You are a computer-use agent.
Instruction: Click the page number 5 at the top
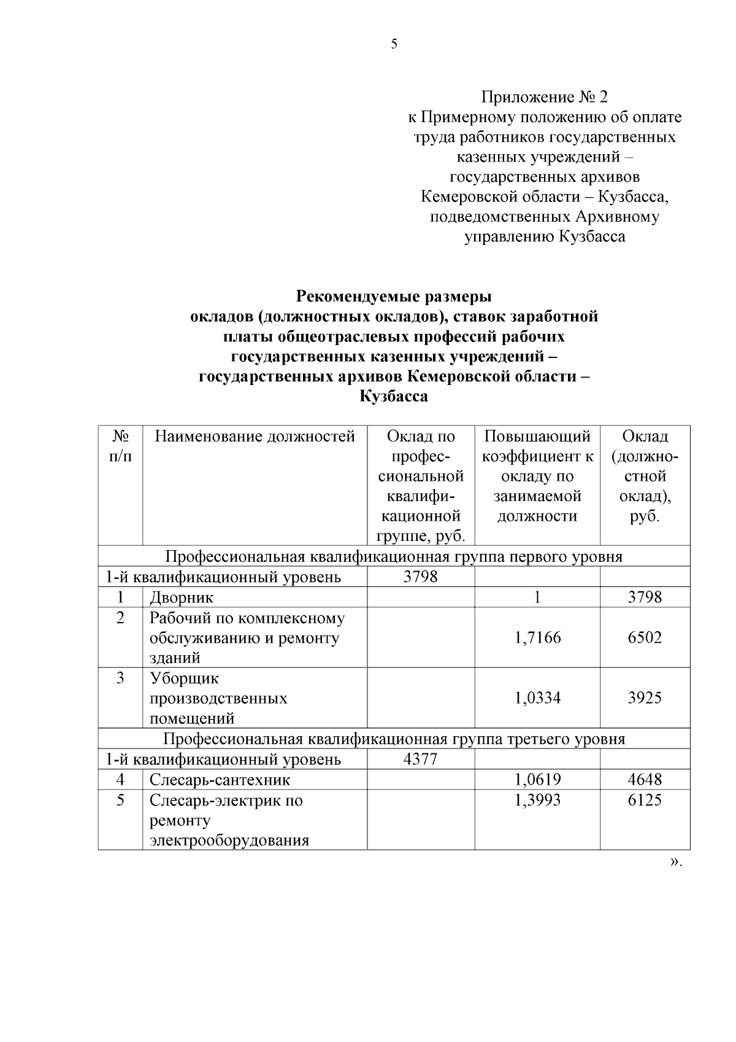pos(394,44)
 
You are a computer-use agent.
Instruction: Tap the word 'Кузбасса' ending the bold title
pos(393,397)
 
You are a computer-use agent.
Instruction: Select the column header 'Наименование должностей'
pos(255,437)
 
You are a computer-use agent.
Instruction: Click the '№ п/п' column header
pos(120,446)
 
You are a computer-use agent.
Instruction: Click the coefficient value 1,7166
pos(537,637)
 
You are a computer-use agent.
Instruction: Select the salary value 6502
pos(645,637)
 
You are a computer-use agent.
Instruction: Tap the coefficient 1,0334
pos(537,698)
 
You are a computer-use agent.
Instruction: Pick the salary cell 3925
pos(645,698)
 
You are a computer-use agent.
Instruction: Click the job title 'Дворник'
pos(182,597)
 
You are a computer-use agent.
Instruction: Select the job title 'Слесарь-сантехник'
pos(220,780)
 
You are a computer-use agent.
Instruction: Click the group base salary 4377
pos(421,760)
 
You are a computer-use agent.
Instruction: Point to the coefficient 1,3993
pos(537,800)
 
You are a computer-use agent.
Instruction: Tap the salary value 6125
pos(645,800)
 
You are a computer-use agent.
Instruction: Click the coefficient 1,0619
pos(537,780)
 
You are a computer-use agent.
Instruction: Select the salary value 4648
pos(645,780)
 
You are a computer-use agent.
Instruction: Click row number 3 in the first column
pos(120,678)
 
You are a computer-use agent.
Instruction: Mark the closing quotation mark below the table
pos(675,862)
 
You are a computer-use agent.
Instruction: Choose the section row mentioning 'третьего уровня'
pos(394,739)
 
